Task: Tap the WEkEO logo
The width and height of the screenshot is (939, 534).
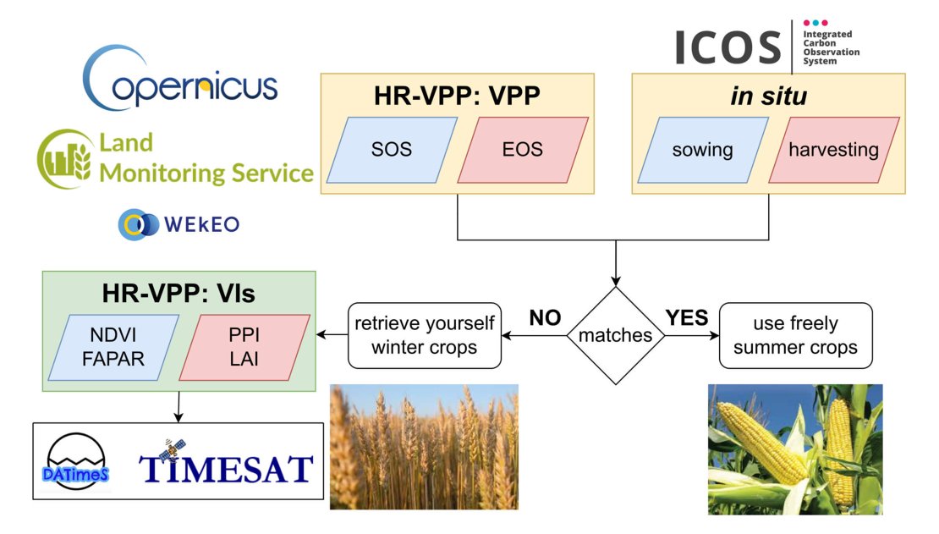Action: click(178, 224)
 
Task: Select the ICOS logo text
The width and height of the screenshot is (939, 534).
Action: click(728, 47)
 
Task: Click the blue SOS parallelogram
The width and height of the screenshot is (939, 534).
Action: click(392, 150)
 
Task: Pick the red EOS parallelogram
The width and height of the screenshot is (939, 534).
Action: click(522, 150)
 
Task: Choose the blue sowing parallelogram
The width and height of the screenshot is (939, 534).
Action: click(702, 150)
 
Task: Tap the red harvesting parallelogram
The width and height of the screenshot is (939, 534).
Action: click(833, 150)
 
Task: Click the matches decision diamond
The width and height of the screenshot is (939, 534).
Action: click(615, 335)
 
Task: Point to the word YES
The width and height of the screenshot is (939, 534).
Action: click(686, 318)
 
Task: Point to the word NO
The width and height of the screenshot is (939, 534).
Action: click(545, 318)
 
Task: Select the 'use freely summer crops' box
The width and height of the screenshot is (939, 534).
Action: click(795, 335)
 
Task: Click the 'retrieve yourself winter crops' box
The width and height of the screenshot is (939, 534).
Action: click(424, 335)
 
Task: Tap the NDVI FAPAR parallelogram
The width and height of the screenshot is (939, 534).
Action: click(115, 347)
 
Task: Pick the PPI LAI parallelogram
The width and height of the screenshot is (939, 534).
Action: click(244, 347)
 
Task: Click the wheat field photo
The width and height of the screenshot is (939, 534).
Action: click(423, 447)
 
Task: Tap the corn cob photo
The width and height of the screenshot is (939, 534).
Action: click(794, 449)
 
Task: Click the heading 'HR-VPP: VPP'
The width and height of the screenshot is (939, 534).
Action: click(457, 96)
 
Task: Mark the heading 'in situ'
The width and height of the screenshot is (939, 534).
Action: click(768, 96)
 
